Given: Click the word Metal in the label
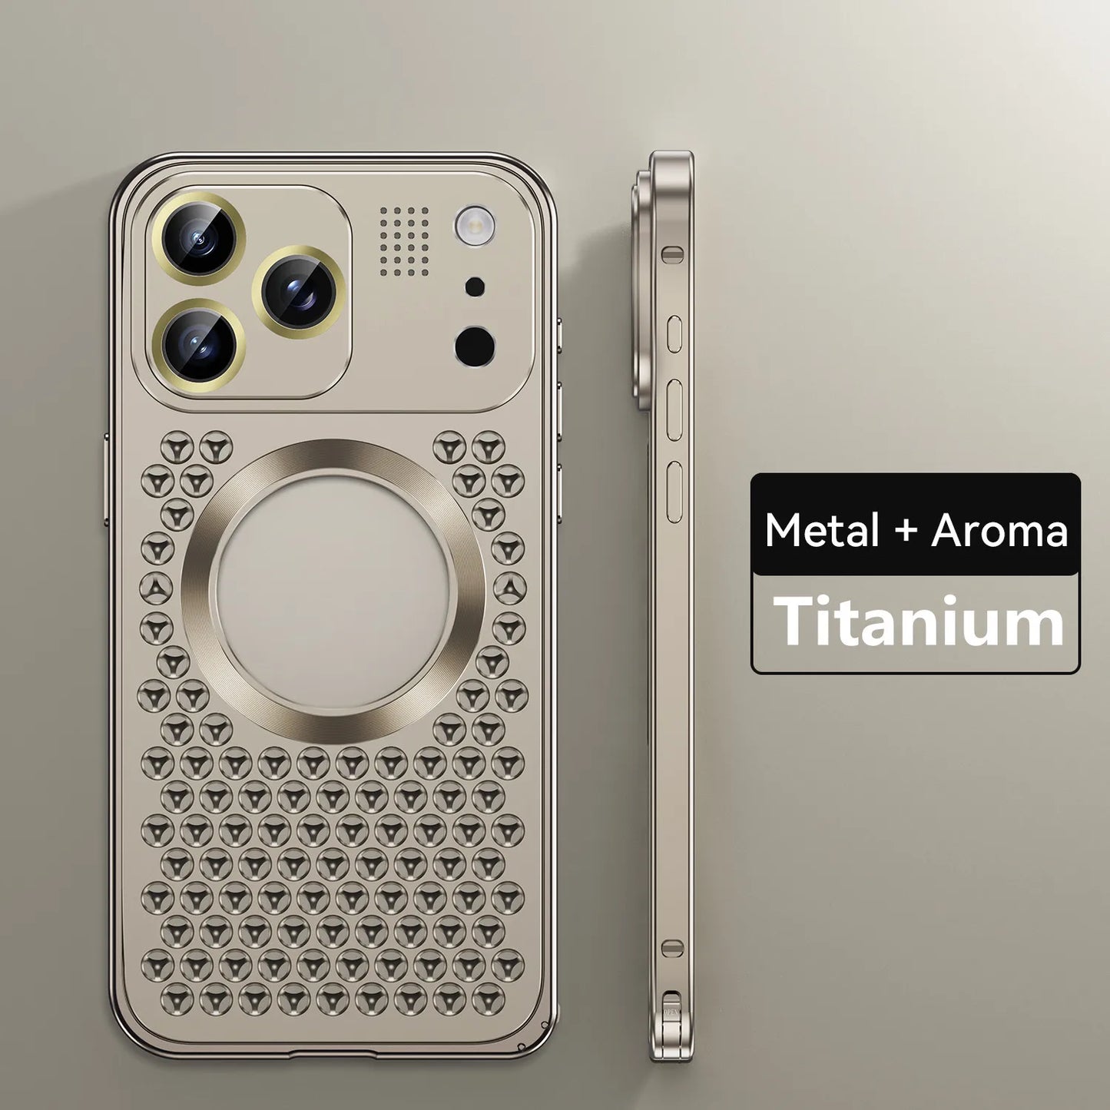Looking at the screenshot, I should coord(821,530).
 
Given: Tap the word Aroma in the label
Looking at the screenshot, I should coord(999,530).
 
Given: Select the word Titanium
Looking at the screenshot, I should coord(919,621).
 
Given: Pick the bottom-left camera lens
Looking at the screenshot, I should coord(198,346).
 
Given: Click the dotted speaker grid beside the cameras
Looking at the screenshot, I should coord(404,240).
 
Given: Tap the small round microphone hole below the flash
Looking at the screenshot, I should coord(475,287).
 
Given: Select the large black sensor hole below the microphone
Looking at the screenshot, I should coord(475,345).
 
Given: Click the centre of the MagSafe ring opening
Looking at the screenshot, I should coord(333,591).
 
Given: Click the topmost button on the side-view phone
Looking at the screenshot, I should coord(674,334).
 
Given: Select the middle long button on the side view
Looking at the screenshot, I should coord(674,409).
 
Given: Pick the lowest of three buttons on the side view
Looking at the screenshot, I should coord(674,492).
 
